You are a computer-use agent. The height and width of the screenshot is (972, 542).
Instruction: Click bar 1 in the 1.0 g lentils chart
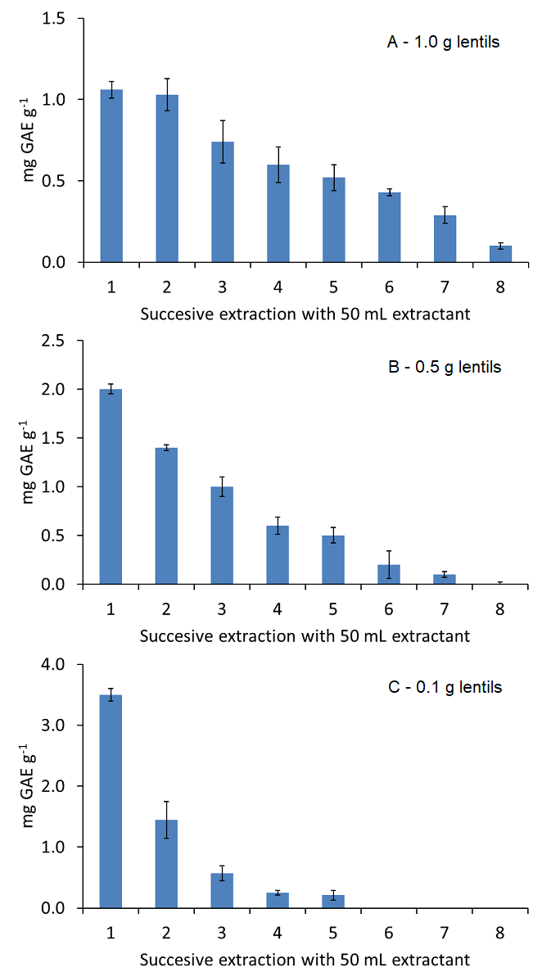(x=111, y=176)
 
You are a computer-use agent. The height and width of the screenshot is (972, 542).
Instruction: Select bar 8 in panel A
(x=500, y=254)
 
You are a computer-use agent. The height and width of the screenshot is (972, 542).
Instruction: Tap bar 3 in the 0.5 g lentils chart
(x=223, y=536)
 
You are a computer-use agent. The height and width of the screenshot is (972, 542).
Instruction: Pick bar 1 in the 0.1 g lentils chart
(x=111, y=802)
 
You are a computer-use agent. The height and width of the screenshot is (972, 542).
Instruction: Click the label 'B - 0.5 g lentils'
(x=444, y=367)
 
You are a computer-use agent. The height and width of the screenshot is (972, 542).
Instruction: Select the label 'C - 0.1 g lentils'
(x=444, y=687)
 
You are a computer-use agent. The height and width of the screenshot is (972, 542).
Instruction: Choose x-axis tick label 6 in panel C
(x=389, y=932)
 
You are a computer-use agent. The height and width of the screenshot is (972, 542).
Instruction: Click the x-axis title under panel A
(x=305, y=314)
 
